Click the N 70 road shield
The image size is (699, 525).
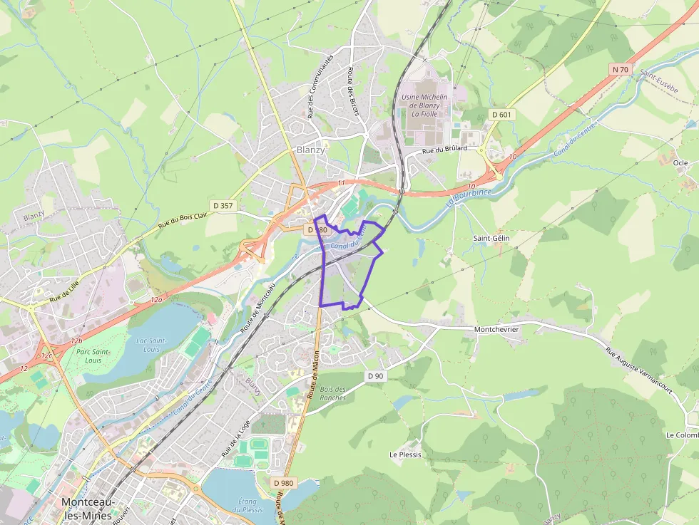pos(621,69)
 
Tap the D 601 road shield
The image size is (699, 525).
pos(501,114)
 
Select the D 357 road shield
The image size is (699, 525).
pos(223,205)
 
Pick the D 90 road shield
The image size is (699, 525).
pos(376,375)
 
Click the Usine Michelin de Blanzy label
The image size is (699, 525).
pos(424,105)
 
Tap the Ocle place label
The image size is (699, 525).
pos(680,162)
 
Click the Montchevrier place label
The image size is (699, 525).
pos(496,330)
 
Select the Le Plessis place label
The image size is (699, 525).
pos(405,454)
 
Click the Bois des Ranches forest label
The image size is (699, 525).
pos(333,393)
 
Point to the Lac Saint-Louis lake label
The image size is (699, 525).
pos(151,345)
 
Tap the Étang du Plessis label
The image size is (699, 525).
pos(248,505)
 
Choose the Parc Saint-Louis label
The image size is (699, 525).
pos(93,355)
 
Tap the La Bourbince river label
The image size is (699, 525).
pos(461,197)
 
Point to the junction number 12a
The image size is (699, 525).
pos(156,300)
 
